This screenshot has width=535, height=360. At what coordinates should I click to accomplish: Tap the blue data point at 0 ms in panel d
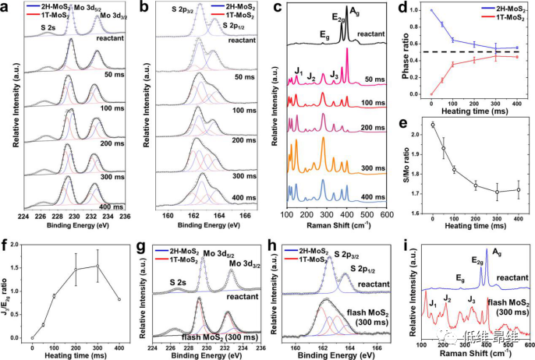click(x=431, y=11)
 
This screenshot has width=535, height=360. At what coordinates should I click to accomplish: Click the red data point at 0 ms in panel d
click(x=431, y=94)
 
